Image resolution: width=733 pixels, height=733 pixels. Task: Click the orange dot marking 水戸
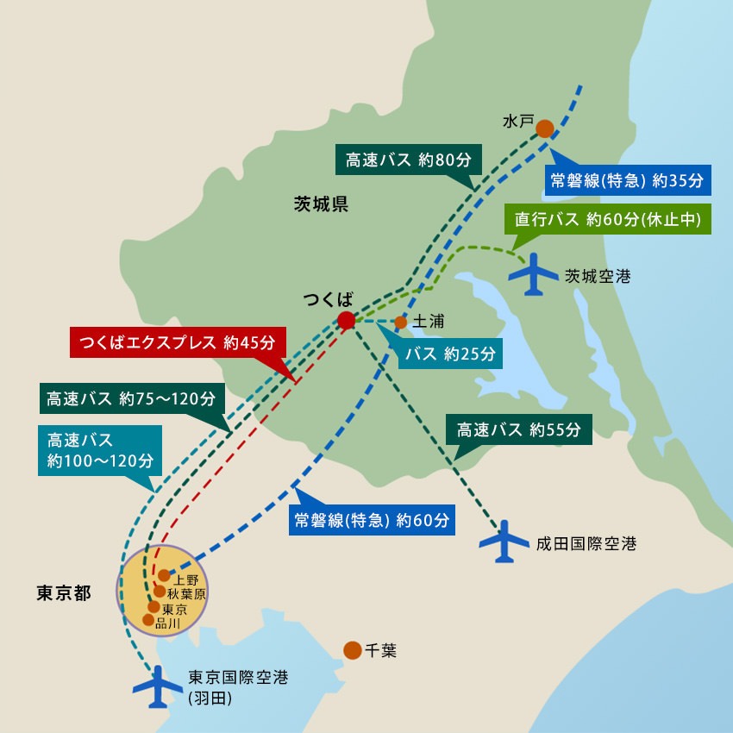coord(545,128)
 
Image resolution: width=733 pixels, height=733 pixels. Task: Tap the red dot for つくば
coord(346,321)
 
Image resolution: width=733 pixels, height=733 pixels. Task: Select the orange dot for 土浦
coord(400,323)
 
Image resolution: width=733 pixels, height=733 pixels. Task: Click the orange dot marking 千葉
coord(352,650)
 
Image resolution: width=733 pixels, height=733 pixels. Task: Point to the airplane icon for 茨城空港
coord(534,274)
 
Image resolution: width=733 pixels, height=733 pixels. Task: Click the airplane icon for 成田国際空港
coord(504,542)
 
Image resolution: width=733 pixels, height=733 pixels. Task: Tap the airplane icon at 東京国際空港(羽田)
coord(159,686)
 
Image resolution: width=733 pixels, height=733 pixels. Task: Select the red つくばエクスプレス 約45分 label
coord(176,341)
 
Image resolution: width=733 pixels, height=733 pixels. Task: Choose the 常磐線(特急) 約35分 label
coord(627,180)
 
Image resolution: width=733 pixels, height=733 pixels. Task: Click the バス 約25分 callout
coord(446,354)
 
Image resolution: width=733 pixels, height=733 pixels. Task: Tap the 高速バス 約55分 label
coord(518,429)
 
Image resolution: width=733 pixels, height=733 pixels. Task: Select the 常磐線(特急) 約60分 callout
coord(371,520)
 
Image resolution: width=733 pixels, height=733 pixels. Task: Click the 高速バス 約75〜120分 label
coord(132,399)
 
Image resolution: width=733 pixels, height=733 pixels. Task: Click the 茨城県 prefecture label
coord(320,204)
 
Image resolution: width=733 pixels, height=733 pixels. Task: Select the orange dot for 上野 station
coord(163,575)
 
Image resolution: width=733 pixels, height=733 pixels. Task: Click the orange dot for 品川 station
coord(148,620)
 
